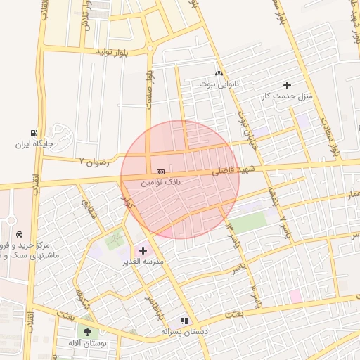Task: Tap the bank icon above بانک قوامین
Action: (x=161, y=172)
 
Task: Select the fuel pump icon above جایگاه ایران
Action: (x=34, y=134)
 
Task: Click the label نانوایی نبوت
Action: (x=219, y=84)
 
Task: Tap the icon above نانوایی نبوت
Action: (x=219, y=73)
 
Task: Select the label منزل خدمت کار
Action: (x=286, y=96)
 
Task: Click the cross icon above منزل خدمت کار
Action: (x=287, y=85)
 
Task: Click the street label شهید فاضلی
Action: (x=235, y=170)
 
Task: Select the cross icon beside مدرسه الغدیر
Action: (x=143, y=250)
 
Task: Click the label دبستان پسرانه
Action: (x=186, y=330)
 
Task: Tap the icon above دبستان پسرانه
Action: (x=185, y=320)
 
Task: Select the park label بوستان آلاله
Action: (x=87, y=343)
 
